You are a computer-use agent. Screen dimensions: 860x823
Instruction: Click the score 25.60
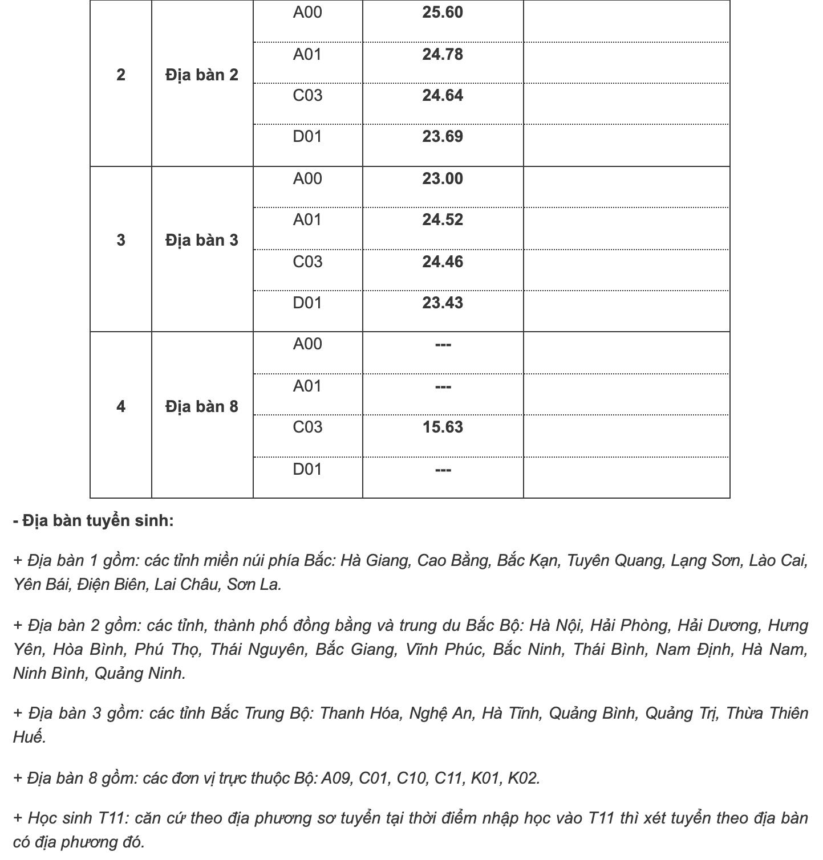tap(442, 13)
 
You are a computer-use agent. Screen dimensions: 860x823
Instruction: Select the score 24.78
tap(442, 55)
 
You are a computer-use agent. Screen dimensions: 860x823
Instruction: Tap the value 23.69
tap(442, 137)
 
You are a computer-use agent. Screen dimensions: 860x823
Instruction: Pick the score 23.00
tap(442, 179)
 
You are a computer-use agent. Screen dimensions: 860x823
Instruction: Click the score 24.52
tap(442, 220)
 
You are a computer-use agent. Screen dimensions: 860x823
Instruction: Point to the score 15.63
tap(442, 427)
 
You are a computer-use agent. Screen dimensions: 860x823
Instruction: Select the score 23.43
tap(442, 303)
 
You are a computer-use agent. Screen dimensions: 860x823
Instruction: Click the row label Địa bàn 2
tap(202, 75)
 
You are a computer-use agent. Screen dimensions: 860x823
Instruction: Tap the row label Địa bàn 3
tap(202, 241)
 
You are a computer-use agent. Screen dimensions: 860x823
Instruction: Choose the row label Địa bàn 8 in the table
tap(202, 407)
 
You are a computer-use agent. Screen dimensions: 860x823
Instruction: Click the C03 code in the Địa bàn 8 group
tap(307, 427)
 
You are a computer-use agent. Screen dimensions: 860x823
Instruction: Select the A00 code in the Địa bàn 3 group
tap(307, 179)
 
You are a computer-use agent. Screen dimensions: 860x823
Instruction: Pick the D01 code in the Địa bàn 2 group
tap(307, 137)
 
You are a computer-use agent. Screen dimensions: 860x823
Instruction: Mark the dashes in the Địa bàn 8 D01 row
tap(443, 470)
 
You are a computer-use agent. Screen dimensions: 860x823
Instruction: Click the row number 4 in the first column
tap(121, 407)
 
